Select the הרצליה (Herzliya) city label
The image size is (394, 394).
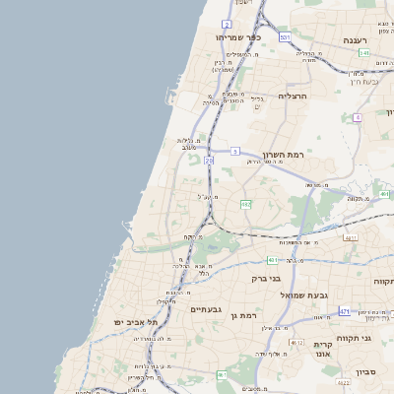293,96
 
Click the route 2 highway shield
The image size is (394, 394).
227,24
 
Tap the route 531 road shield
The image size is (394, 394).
285,37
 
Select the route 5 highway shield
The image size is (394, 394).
235,152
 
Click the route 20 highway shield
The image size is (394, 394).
209,159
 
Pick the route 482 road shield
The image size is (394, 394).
245,205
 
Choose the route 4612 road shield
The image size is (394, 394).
296,342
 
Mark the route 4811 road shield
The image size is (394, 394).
350,237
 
